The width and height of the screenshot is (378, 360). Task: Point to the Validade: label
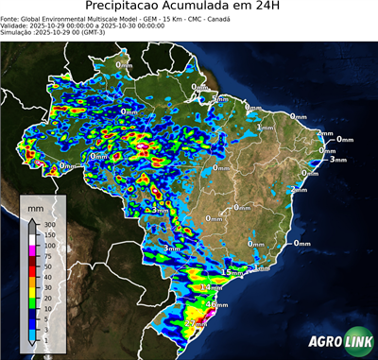coord(17,25)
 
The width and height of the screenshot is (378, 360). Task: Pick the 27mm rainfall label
coord(195,324)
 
